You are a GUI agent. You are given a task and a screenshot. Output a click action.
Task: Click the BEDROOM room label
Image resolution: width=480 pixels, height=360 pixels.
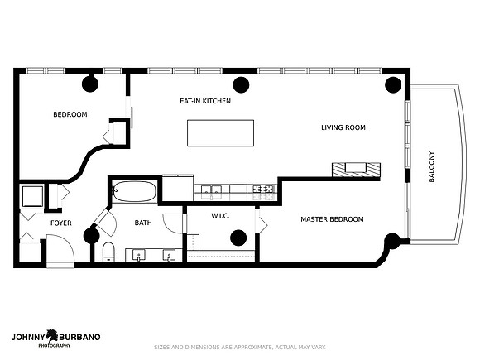70,114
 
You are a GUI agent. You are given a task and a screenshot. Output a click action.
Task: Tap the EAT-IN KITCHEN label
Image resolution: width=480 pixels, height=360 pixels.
205,101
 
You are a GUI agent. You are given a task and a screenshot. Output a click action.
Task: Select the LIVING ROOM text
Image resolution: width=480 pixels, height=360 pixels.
343,127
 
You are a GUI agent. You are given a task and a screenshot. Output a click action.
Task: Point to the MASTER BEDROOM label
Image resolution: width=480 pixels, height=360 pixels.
332,219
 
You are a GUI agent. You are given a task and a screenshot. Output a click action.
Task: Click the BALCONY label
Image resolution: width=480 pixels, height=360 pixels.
431,167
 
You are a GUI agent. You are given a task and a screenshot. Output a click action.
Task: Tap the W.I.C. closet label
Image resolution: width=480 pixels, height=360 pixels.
220,216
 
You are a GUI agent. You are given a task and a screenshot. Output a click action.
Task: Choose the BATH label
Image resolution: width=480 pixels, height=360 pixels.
143,223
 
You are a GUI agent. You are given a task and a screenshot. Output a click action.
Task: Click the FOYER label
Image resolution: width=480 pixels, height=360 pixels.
61,223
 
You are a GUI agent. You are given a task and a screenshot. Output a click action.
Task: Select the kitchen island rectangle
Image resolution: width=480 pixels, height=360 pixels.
220,133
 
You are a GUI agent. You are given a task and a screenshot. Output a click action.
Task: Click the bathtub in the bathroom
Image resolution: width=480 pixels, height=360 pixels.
134,192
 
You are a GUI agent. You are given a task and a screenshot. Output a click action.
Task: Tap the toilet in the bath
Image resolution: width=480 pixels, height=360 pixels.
108,252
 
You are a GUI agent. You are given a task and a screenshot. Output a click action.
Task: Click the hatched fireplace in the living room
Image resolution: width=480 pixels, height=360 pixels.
357,170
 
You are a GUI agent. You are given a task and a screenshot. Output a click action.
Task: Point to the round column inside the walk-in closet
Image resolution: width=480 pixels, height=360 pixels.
238,238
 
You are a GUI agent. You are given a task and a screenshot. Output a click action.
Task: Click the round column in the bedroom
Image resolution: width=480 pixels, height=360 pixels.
90,84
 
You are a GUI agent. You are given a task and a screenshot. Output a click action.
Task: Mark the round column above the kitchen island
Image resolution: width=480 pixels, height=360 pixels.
241,84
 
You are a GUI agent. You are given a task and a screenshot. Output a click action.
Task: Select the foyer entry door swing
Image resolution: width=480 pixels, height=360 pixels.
60,249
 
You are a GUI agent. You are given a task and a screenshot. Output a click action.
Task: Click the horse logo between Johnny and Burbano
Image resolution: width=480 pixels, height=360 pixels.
52,336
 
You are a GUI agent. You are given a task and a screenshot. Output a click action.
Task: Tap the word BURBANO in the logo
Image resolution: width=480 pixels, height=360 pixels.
79,338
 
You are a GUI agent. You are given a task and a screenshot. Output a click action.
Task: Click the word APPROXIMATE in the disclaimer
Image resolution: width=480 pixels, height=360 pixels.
252,348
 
